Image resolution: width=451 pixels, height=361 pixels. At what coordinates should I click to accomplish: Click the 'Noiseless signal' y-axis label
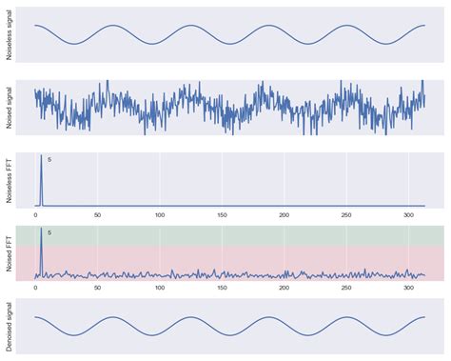(x=9, y=34)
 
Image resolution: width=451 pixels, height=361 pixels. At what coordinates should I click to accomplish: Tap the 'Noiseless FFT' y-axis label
(x=9, y=180)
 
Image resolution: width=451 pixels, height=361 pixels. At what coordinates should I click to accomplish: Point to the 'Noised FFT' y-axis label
(x=9, y=253)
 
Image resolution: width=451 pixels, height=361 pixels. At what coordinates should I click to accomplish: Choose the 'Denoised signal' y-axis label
(x=9, y=326)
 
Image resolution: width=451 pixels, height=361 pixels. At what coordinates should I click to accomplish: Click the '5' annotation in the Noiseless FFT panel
(x=49, y=159)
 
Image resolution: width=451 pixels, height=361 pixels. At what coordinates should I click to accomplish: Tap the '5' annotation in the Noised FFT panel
(x=49, y=232)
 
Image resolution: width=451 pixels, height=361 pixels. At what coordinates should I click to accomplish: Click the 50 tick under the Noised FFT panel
(x=97, y=288)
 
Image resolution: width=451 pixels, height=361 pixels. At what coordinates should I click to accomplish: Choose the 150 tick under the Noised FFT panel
(x=222, y=288)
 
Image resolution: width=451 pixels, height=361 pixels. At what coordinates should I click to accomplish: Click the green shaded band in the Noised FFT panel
(x=238, y=235)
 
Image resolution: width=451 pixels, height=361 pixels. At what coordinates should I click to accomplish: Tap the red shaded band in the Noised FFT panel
(x=238, y=259)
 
